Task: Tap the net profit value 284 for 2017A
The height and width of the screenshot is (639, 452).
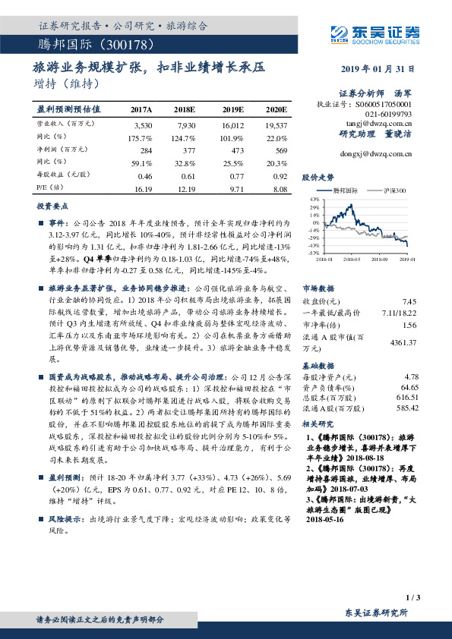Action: [x=146, y=150]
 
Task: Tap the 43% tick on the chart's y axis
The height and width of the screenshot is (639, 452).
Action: [x=314, y=199]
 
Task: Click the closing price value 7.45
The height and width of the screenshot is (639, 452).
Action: [x=411, y=301]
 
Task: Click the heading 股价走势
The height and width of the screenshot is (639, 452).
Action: [x=318, y=176]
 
